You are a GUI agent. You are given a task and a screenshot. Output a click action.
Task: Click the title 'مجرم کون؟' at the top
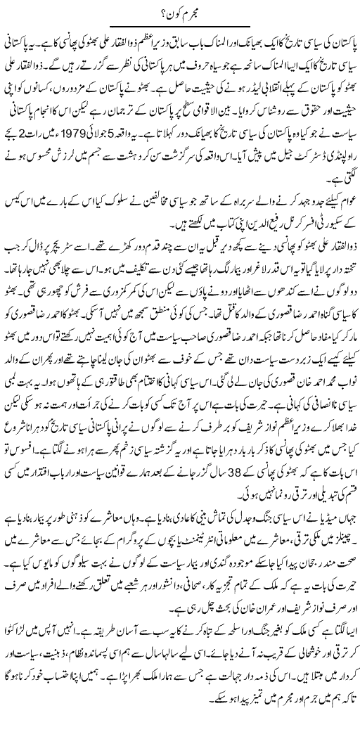179,11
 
